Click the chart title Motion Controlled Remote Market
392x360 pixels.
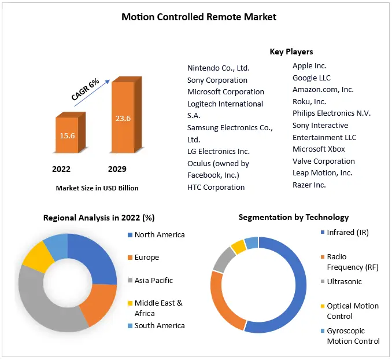[x=199, y=17]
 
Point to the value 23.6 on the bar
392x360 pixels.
[x=123, y=119]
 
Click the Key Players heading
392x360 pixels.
[x=291, y=52]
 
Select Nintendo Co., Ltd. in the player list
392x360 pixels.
[x=219, y=68]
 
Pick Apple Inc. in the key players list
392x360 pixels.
[x=309, y=66]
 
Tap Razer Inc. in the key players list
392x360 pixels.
[x=309, y=185]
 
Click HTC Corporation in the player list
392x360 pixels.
[x=216, y=187]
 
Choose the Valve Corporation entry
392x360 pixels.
[x=324, y=161]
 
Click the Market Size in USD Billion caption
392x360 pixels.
[x=97, y=188]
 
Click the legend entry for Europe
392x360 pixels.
[x=146, y=257]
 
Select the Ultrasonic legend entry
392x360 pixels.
[x=344, y=281]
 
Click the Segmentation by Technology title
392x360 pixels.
[x=294, y=217]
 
